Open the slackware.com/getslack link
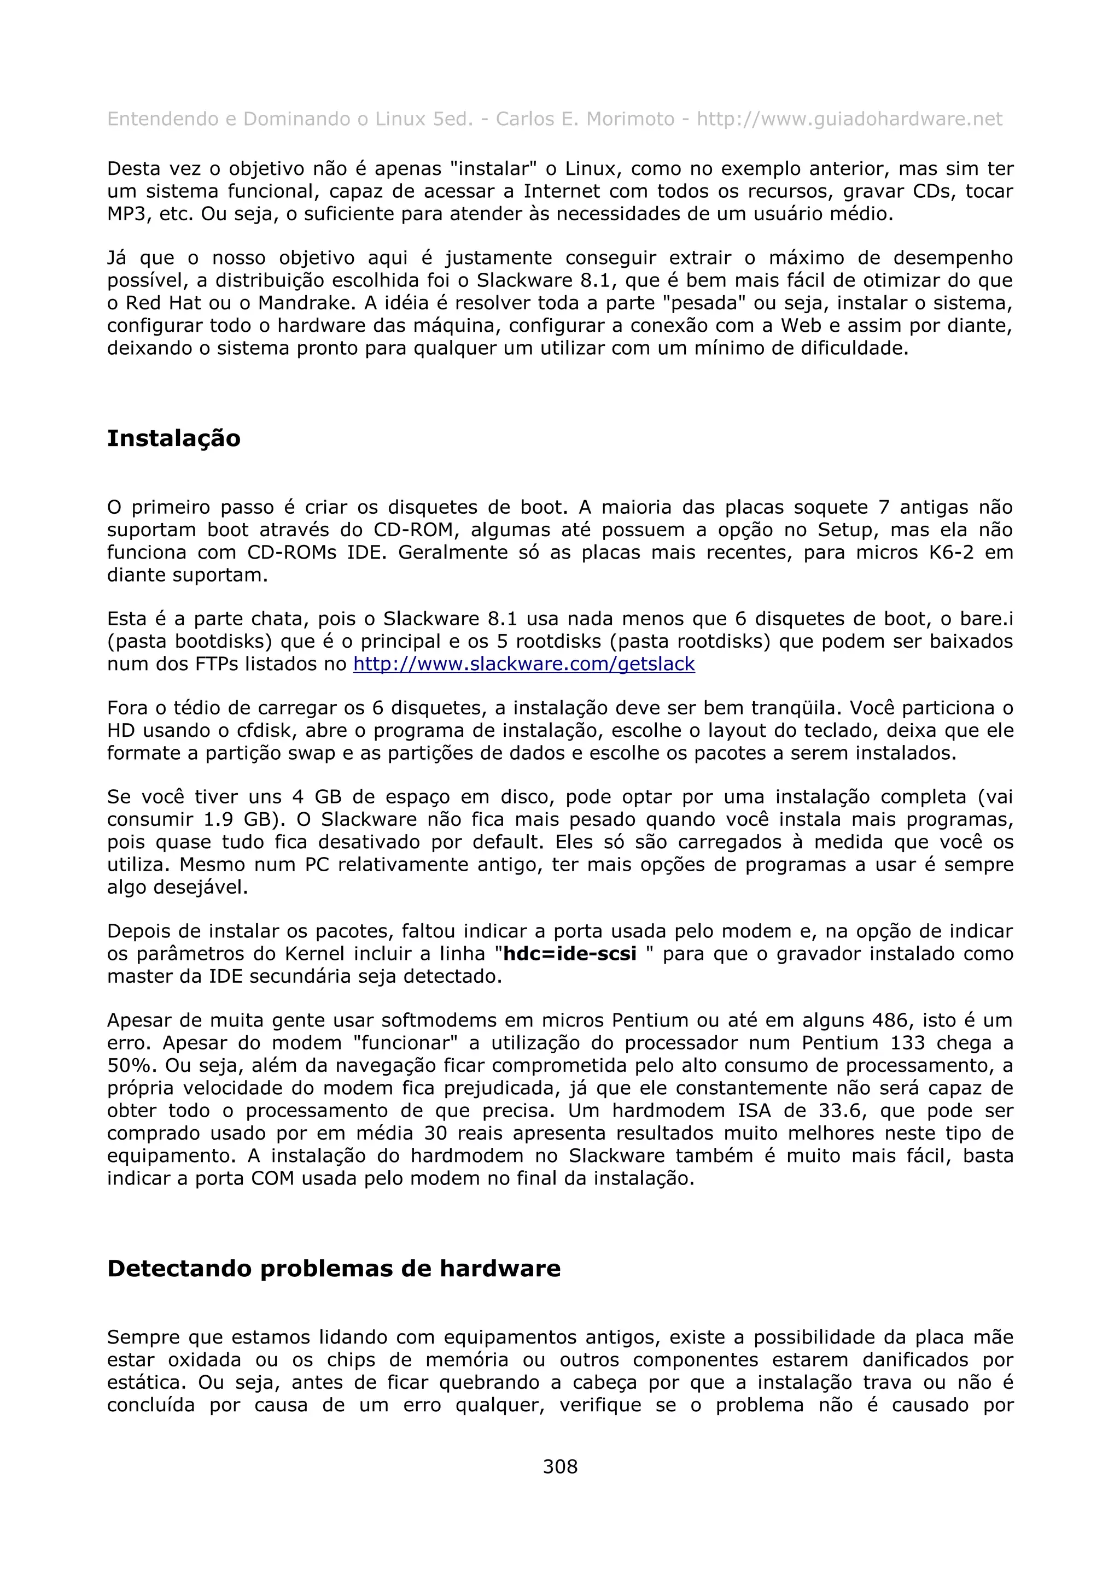point(524,664)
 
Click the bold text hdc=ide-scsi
point(570,954)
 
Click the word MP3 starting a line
point(127,214)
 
